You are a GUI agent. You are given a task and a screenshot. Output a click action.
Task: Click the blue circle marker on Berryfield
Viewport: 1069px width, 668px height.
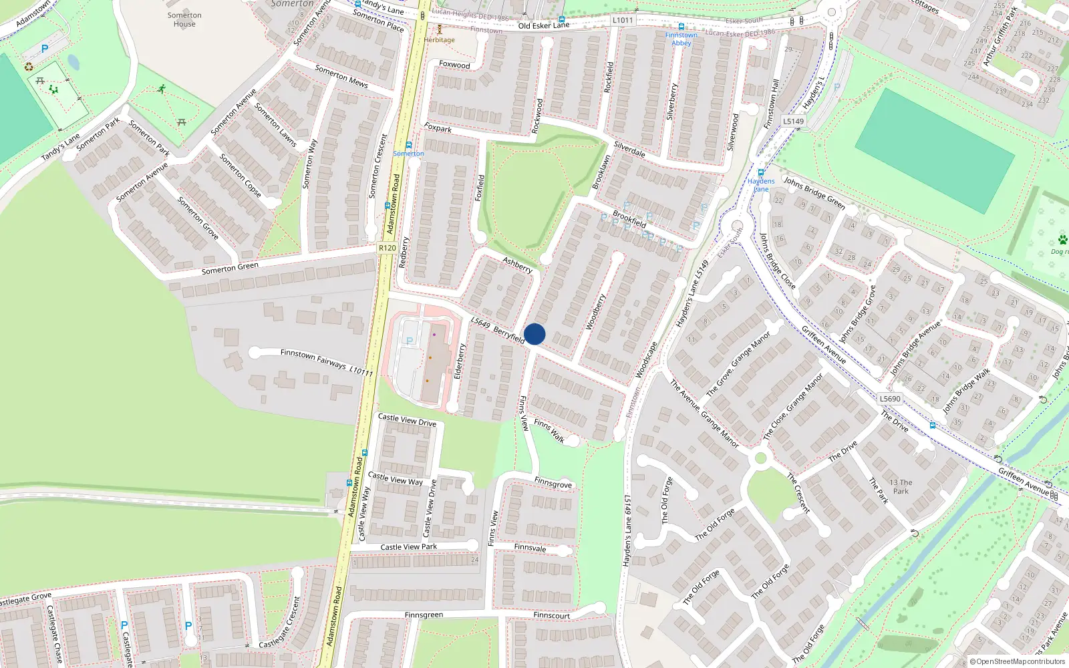pyautogui.click(x=534, y=334)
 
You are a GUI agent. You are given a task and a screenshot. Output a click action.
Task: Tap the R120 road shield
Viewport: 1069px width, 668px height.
pyautogui.click(x=388, y=248)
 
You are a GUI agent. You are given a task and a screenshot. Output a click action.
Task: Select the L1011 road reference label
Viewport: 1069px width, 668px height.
pyautogui.click(x=623, y=20)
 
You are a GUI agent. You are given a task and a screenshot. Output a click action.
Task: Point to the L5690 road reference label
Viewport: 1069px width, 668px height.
pyautogui.click(x=890, y=399)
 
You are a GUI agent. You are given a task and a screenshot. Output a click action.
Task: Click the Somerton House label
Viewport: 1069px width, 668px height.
pyautogui.click(x=184, y=19)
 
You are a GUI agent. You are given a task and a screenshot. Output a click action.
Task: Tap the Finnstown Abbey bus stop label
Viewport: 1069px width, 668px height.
pyautogui.click(x=681, y=39)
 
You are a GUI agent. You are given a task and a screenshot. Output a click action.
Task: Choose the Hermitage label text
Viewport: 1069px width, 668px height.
pyautogui.click(x=439, y=40)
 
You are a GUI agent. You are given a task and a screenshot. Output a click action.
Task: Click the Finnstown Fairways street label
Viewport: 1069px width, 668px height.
pyautogui.click(x=313, y=358)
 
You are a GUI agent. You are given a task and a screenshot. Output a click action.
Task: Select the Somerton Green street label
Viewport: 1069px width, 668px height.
pyautogui.click(x=230, y=269)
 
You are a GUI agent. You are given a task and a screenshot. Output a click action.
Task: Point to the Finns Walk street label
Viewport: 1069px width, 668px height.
pyautogui.click(x=549, y=431)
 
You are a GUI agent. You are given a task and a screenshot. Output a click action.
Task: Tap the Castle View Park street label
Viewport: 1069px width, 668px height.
pyautogui.click(x=408, y=547)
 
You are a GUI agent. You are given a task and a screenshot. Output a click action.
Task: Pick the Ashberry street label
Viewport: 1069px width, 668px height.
pyautogui.click(x=518, y=265)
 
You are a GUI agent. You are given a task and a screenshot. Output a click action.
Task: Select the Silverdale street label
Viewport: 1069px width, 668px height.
pyautogui.click(x=629, y=149)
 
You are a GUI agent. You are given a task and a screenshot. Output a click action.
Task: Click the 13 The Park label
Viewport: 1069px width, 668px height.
pyautogui.click(x=901, y=486)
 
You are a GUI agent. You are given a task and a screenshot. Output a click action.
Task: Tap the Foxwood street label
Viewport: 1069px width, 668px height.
pyautogui.click(x=454, y=65)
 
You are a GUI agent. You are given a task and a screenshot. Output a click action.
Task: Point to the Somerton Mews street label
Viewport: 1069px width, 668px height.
pyautogui.click(x=341, y=76)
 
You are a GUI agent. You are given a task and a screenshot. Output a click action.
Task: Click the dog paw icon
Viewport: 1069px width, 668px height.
pyautogui.click(x=1062, y=239)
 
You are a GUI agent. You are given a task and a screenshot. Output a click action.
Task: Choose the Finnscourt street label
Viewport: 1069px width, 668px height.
pyautogui.click(x=552, y=615)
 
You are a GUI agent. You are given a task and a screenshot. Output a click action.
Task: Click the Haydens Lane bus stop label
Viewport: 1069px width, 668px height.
pyautogui.click(x=761, y=185)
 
